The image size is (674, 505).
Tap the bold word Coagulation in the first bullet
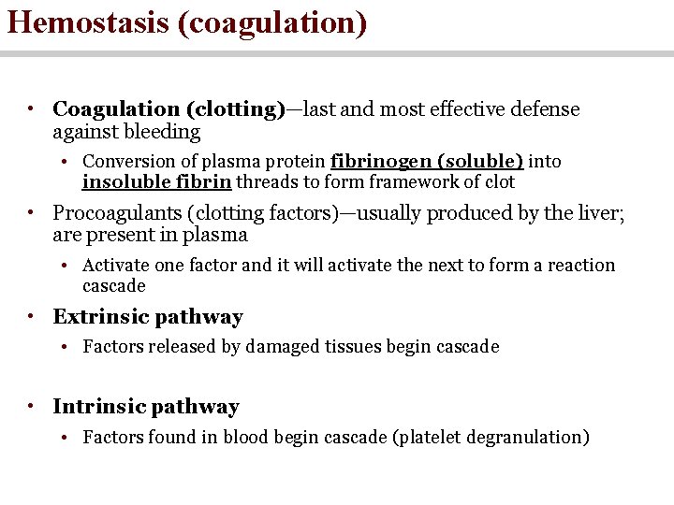[x=110, y=109]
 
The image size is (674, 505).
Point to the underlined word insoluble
[x=118, y=181]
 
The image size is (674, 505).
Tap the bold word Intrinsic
[x=99, y=407]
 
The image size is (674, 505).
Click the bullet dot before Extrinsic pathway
[x=31, y=317]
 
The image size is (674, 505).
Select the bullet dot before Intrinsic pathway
[x=31, y=407]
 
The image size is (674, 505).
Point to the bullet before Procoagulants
[x=31, y=213]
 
